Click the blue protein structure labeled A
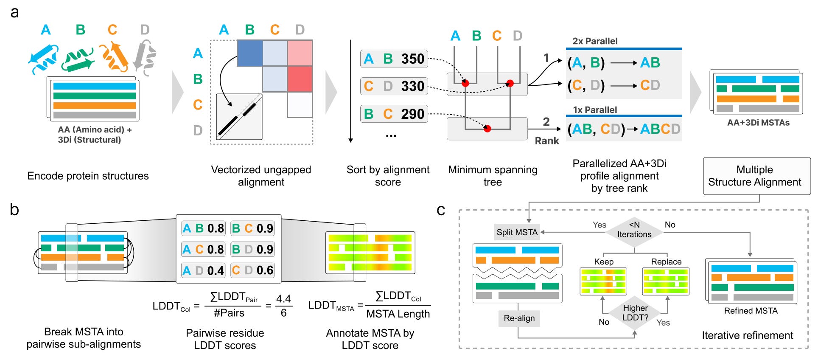click(x=43, y=58)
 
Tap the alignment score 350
click(x=413, y=59)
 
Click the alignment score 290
click(x=413, y=114)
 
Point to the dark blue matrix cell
click(x=249, y=53)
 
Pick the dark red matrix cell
click(x=300, y=79)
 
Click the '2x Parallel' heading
click(x=595, y=41)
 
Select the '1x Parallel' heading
click(x=595, y=110)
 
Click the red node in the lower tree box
click(x=487, y=129)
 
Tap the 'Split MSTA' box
click(x=517, y=232)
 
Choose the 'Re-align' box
click(x=519, y=318)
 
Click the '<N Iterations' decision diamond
click(x=634, y=230)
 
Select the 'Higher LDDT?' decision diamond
click(x=635, y=313)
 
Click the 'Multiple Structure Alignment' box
click(x=757, y=176)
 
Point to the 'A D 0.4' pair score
click(x=203, y=270)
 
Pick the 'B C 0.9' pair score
click(x=252, y=228)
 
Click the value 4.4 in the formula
click(x=283, y=299)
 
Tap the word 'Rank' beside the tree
click(x=547, y=141)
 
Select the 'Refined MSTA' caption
click(x=751, y=311)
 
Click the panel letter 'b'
click(x=14, y=209)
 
